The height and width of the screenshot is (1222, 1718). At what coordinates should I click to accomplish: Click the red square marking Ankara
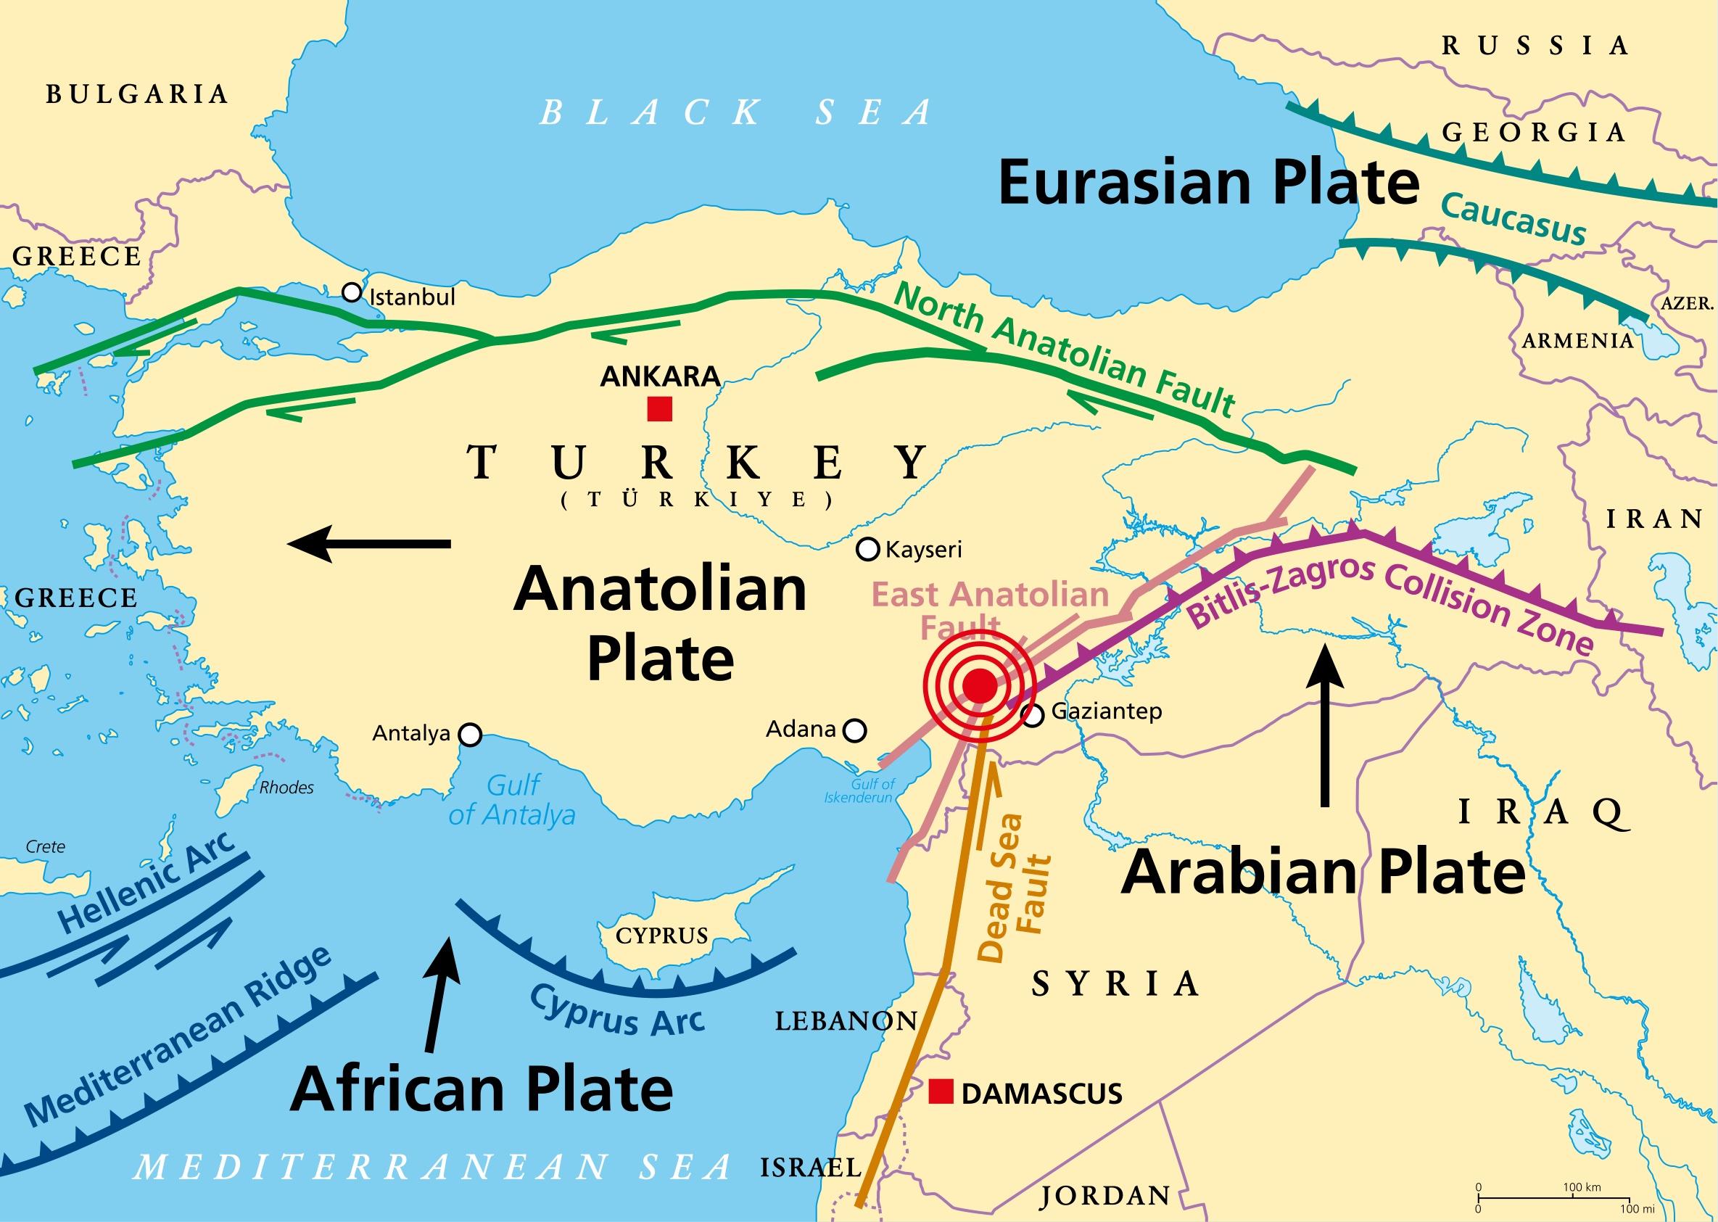[659, 409]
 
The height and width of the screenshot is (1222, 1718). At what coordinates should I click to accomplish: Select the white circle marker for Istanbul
[352, 293]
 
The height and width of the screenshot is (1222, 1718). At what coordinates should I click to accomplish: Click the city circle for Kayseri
[867, 549]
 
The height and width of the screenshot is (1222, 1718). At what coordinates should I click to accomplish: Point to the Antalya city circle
[471, 735]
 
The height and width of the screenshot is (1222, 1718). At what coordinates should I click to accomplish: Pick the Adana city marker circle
[855, 730]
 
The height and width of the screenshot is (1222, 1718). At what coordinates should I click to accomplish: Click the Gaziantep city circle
[1033, 715]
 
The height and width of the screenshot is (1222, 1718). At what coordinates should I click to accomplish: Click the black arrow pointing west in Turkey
[368, 543]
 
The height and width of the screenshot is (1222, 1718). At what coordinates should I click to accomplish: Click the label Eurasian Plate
[1207, 183]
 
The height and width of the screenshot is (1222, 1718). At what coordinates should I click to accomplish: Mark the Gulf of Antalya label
[512, 801]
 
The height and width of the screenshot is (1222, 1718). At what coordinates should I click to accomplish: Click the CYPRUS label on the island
[661, 936]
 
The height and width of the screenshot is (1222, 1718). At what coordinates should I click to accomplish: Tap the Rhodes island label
[286, 788]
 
